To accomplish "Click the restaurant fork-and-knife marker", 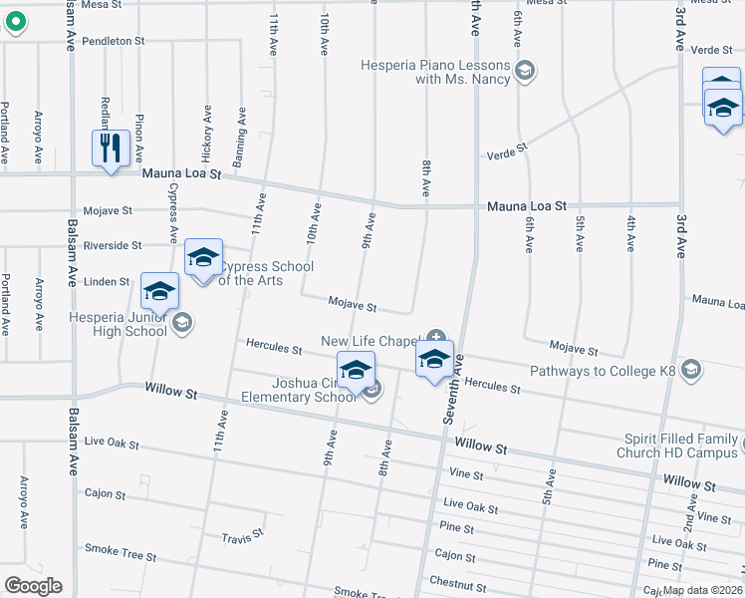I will tap(111, 149).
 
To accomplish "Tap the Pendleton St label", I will tap(114, 42).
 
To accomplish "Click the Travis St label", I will tap(243, 534).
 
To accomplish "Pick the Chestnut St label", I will tap(456, 580).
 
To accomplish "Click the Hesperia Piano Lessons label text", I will tap(448, 72).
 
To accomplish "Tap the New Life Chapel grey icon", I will tap(434, 341).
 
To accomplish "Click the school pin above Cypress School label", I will tap(202, 257).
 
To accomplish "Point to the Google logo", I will tap(33, 586).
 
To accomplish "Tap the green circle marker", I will tap(14, 23).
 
